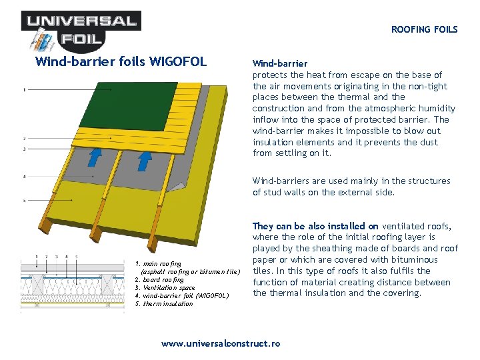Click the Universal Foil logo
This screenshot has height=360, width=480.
pos(79,29)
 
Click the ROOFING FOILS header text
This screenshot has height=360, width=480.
pos(424,29)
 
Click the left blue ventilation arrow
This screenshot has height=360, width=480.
pos(96,157)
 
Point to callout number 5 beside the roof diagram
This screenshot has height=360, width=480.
pos(25,200)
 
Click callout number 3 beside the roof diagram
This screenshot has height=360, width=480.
pos(25,149)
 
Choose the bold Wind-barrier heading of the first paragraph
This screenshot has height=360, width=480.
pos(280,63)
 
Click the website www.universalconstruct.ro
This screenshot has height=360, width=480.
pos(221,343)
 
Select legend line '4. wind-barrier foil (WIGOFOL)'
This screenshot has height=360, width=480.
pos(181,295)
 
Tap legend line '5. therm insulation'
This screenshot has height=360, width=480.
pos(163,303)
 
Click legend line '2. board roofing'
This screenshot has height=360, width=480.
pos(161,279)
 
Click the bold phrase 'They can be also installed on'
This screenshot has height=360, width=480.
pos(315,226)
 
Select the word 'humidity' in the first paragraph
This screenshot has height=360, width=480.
pos(437,108)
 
